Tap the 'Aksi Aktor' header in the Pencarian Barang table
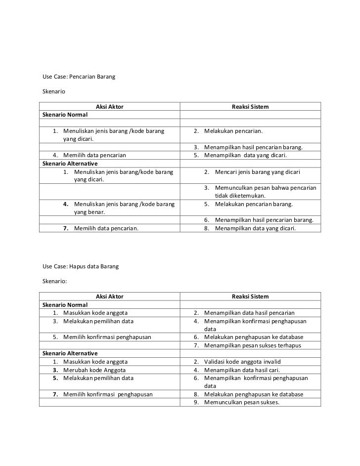(x=109, y=106)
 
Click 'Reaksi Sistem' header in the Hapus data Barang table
(x=250, y=296)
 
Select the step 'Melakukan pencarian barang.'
(x=254, y=204)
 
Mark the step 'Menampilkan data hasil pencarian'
(x=249, y=312)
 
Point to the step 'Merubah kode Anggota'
(x=94, y=370)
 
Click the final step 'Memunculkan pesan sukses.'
(x=241, y=402)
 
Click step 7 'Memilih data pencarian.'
(x=106, y=228)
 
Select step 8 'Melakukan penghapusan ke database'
(x=254, y=394)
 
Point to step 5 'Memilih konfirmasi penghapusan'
(x=107, y=337)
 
